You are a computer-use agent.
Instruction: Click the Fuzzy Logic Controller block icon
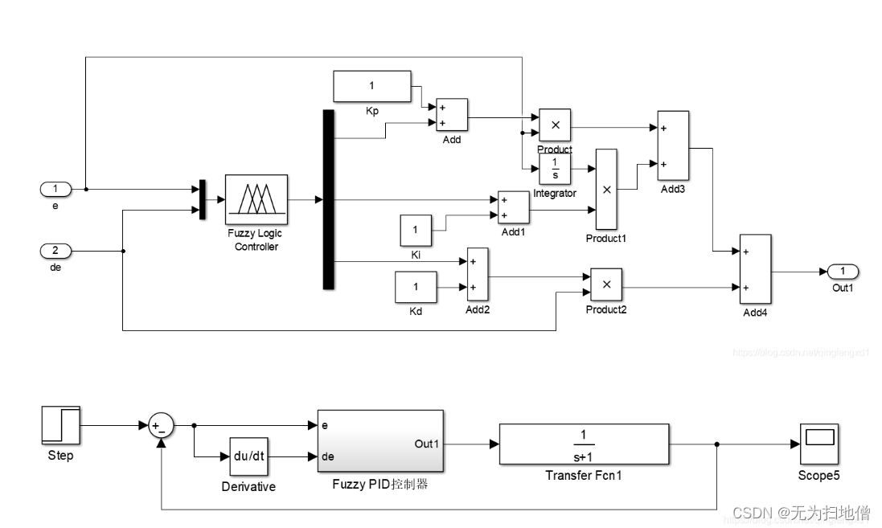pos(256,199)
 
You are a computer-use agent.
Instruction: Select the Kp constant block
pos(371,86)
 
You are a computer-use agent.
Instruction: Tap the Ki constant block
pos(416,231)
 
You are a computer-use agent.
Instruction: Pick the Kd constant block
pos(416,287)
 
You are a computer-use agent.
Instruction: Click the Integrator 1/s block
pos(556,167)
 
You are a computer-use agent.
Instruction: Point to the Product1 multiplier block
pos(606,189)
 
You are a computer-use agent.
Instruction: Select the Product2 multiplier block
pos(606,283)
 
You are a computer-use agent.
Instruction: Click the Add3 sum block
pos(672,145)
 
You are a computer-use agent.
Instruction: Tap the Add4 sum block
pos(755,270)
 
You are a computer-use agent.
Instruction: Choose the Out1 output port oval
pos(842,271)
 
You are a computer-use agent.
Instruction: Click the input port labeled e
pos(55,190)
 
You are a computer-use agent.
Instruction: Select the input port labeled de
pos(55,252)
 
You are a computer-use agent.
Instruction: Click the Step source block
pos(60,426)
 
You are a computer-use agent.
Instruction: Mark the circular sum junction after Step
pos(162,427)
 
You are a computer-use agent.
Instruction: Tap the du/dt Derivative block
pos(248,457)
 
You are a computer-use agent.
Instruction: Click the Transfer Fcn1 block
pos(584,443)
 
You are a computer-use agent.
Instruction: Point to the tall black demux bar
pos(328,199)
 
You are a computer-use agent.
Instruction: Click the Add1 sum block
pos(513,207)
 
